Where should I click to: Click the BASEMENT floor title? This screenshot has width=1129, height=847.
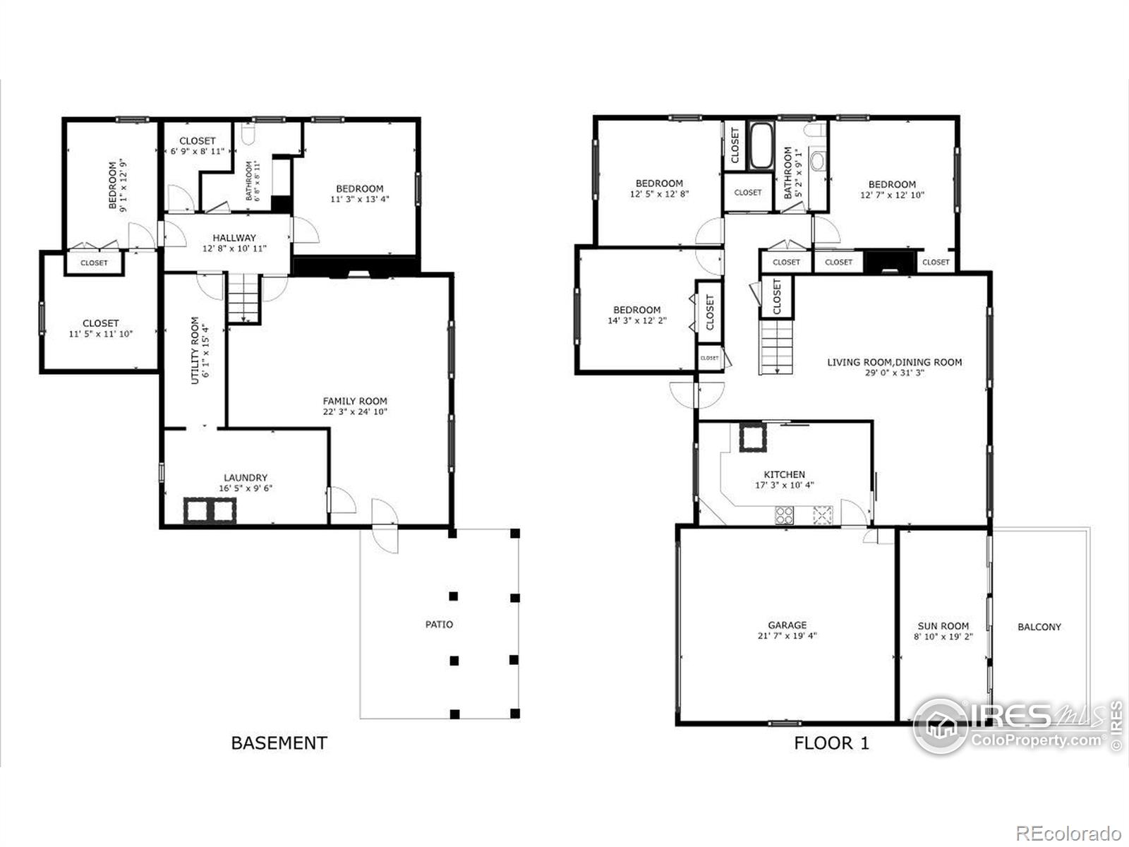(x=279, y=743)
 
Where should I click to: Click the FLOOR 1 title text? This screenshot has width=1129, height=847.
(x=831, y=743)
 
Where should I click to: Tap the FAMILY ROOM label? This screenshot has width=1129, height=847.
(x=355, y=401)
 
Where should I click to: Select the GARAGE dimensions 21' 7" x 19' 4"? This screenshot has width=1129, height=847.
(x=787, y=636)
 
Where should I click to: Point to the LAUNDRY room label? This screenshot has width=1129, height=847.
(x=246, y=478)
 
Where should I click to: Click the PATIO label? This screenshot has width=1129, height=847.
(x=439, y=625)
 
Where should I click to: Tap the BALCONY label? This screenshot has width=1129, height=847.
(x=1039, y=627)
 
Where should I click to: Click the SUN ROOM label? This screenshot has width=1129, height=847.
(x=943, y=626)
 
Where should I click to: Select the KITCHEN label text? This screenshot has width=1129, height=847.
(x=784, y=475)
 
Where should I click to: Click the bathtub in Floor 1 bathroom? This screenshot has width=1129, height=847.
(x=761, y=146)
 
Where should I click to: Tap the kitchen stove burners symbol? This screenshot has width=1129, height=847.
(x=784, y=515)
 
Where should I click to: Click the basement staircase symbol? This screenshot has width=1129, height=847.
(x=243, y=296)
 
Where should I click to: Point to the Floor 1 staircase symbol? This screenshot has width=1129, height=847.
(x=777, y=347)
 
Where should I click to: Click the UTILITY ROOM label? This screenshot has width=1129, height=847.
(x=195, y=350)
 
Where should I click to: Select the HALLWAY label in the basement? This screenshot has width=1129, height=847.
(x=234, y=238)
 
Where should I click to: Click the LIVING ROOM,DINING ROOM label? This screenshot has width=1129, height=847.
(x=894, y=362)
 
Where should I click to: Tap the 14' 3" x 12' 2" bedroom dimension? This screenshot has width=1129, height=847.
(x=636, y=320)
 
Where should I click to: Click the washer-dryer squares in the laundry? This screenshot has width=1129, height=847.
(x=210, y=510)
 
